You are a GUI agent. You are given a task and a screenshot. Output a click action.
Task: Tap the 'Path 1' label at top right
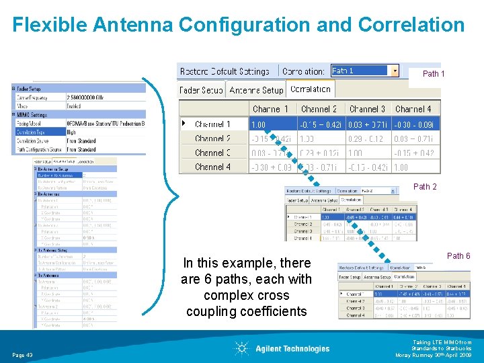(x=433, y=74)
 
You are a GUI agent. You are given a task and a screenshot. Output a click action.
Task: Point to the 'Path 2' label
(x=425, y=187)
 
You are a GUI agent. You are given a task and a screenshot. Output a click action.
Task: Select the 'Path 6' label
(x=459, y=256)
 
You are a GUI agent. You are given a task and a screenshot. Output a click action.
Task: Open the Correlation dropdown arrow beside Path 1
(x=395, y=71)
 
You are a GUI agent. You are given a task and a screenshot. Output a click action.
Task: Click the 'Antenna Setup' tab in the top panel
(x=256, y=90)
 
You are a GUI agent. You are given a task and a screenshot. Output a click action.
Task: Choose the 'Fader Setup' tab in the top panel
(x=201, y=90)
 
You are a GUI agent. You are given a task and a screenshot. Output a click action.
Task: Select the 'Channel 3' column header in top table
(x=367, y=109)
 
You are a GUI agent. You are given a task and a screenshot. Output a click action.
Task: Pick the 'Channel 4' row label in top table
(x=212, y=167)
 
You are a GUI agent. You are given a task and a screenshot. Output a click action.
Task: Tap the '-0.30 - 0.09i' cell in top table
(x=415, y=124)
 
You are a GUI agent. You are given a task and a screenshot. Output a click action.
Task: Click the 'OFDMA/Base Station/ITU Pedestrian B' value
(x=106, y=124)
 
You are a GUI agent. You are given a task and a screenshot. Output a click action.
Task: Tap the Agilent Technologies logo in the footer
(x=282, y=348)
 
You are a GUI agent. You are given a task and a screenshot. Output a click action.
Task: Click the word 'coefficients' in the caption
(x=247, y=311)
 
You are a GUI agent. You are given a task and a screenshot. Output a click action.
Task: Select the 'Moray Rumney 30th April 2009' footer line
(x=434, y=355)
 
